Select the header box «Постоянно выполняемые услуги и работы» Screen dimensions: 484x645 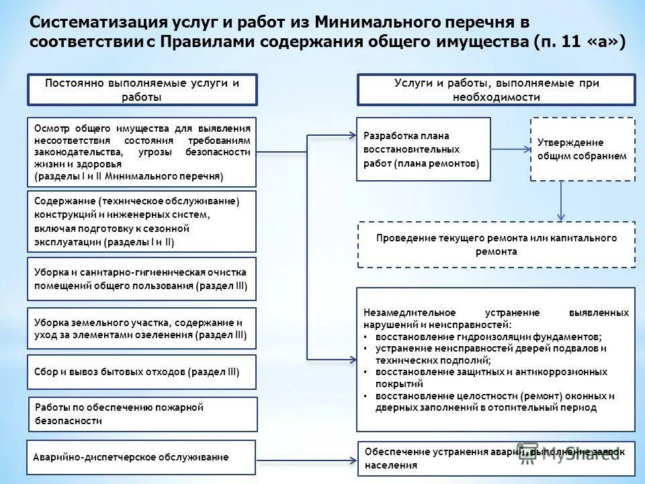pos(142,89)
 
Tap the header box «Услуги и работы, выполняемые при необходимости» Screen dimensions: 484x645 pos(496,89)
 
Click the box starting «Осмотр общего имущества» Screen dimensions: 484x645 pos(142,153)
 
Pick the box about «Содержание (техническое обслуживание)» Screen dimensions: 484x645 pos(142,221)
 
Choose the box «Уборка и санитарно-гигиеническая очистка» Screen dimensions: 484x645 pos(142,278)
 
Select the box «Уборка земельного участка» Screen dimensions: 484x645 pos(142,328)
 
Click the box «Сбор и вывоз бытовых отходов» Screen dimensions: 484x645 pos(142,372)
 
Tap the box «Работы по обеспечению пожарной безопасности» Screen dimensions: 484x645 pos(142,414)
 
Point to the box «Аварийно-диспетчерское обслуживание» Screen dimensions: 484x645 pos(142,457)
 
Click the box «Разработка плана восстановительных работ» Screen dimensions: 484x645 pos(423,149)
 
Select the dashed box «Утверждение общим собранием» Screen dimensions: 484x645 pos(582,149)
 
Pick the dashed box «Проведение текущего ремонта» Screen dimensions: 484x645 pos(496,245)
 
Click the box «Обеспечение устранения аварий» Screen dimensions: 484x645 pos(496,458)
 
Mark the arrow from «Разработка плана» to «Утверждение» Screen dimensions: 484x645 pos(510,149)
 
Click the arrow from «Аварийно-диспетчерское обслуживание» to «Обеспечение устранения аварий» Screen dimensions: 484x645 pos(306,460)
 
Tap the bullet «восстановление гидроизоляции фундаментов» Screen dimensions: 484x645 pos(488,337)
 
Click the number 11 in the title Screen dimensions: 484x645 pos(559,42)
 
